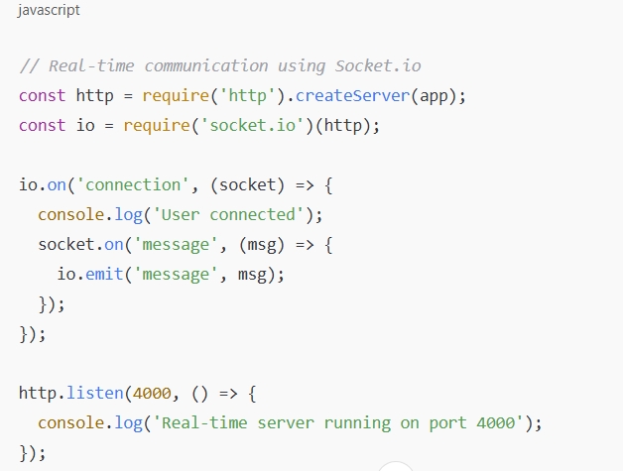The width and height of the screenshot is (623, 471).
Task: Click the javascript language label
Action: [x=49, y=10]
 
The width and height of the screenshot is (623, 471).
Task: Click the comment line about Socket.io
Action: [x=219, y=66]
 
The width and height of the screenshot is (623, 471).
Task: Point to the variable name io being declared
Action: [x=85, y=126]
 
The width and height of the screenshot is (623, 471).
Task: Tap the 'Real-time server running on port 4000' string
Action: [x=339, y=423]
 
